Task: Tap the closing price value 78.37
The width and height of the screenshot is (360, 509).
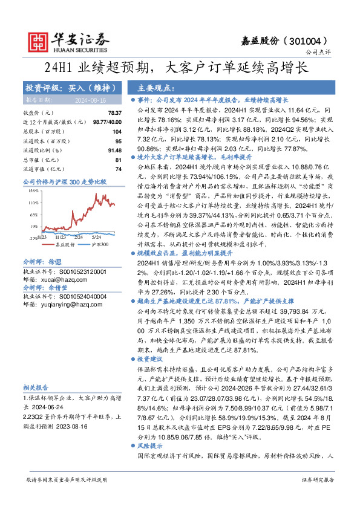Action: pyautogui.click(x=114, y=113)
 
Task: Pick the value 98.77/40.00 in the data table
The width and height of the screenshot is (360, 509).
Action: pyautogui.click(x=106, y=122)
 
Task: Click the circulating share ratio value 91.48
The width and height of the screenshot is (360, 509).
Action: pyautogui.click(x=114, y=150)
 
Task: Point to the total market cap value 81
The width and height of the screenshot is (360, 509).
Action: pyautogui.click(x=118, y=160)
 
